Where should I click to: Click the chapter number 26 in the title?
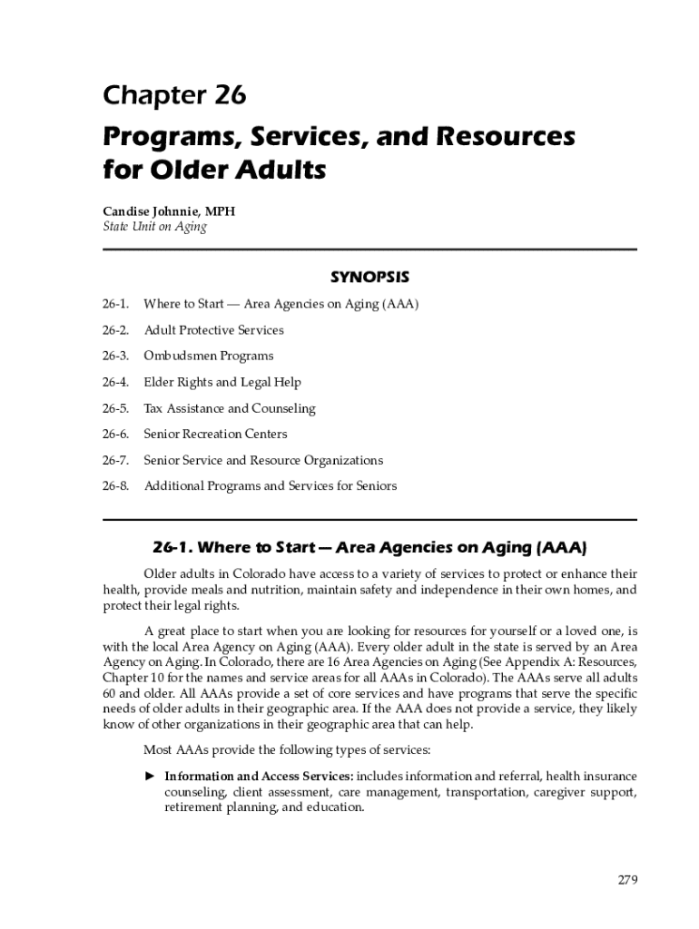(230, 95)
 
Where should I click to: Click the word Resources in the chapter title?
(502, 137)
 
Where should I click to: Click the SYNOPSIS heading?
(369, 276)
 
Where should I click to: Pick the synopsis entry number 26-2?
(115, 330)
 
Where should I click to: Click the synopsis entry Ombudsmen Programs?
(208, 356)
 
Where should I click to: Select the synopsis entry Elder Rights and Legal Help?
(222, 382)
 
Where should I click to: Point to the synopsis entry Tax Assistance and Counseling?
(230, 408)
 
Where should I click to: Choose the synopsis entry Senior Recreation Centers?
(215, 434)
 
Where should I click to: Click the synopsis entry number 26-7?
(115, 460)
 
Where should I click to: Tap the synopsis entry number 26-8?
(115, 486)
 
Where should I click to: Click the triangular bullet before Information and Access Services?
(151, 776)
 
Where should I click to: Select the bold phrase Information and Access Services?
(259, 777)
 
